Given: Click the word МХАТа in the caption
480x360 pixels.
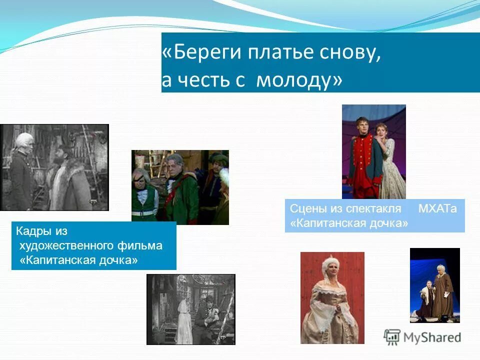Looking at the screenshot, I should point(437,209).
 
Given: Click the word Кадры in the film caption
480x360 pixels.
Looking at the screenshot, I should point(34,231).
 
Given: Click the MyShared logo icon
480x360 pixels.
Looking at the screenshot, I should point(392,337).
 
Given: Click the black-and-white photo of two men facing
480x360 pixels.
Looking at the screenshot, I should point(54,167).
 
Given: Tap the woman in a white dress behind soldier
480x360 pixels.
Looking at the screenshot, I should point(390,160).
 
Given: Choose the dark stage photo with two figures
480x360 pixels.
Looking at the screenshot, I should point(434,285).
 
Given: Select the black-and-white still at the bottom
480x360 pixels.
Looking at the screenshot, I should point(190,309).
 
